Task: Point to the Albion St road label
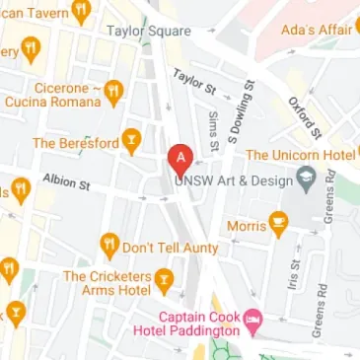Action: click(66, 183)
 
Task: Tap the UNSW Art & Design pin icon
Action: click(306, 180)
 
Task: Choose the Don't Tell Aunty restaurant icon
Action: click(108, 243)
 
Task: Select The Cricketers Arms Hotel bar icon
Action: click(164, 278)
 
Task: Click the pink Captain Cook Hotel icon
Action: click(252, 320)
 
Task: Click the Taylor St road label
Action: click(194, 82)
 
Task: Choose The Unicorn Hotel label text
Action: click(300, 155)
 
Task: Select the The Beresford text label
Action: click(75, 143)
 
